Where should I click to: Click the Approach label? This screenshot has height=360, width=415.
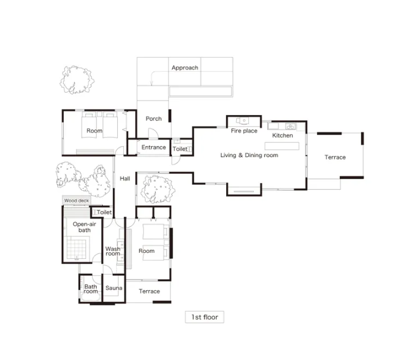tap(185, 68)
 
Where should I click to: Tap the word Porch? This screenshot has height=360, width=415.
tap(153, 119)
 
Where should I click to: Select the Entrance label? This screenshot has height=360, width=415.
tap(153, 147)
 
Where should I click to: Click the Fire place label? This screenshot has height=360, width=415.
tap(244, 131)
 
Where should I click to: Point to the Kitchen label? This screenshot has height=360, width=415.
tap(283, 135)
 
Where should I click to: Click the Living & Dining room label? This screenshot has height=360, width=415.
tap(249, 155)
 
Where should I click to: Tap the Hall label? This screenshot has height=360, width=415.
tap(124, 179)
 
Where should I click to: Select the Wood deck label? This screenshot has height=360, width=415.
tap(76, 201)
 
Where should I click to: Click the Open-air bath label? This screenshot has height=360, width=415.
tap(84, 227)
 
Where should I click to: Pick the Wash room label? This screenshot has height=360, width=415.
tap(112, 251)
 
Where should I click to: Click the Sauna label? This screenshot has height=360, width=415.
tap(114, 288)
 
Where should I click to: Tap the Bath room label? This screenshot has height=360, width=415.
tap(91, 289)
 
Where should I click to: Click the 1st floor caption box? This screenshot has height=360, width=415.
tap(204, 317)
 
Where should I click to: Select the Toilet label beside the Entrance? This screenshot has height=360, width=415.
tap(180, 149)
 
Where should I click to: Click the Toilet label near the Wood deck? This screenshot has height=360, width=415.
tap(104, 212)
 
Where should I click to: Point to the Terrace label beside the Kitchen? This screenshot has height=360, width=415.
tap(335, 157)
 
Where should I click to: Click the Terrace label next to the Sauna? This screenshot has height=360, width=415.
tap(149, 291)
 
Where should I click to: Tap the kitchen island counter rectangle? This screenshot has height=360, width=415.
tap(282, 146)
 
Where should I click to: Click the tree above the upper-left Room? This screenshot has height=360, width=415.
tap(77, 80)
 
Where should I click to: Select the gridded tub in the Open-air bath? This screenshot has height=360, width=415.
tap(76, 249)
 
